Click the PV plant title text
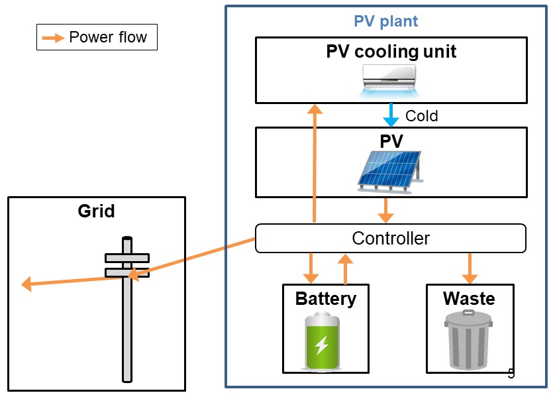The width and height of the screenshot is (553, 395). [385, 21]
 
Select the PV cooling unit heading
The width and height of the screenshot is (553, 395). [391, 51]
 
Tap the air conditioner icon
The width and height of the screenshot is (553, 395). [391, 80]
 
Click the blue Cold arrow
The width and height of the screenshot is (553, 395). [391, 115]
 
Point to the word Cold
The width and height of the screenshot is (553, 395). [421, 116]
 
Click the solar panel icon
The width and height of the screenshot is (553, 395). [389, 170]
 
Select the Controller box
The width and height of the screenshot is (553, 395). [390, 238]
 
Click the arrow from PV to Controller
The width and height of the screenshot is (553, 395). [386, 210]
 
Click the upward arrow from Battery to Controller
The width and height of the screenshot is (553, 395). [344, 268]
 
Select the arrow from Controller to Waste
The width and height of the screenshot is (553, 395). [470, 268]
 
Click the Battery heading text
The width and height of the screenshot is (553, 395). [325, 298]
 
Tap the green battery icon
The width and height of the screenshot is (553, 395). [322, 342]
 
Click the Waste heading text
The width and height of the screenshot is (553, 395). [469, 298]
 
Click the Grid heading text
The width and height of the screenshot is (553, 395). [96, 211]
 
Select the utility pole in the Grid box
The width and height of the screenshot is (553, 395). [126, 311]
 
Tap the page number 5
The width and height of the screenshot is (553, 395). [511, 373]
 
